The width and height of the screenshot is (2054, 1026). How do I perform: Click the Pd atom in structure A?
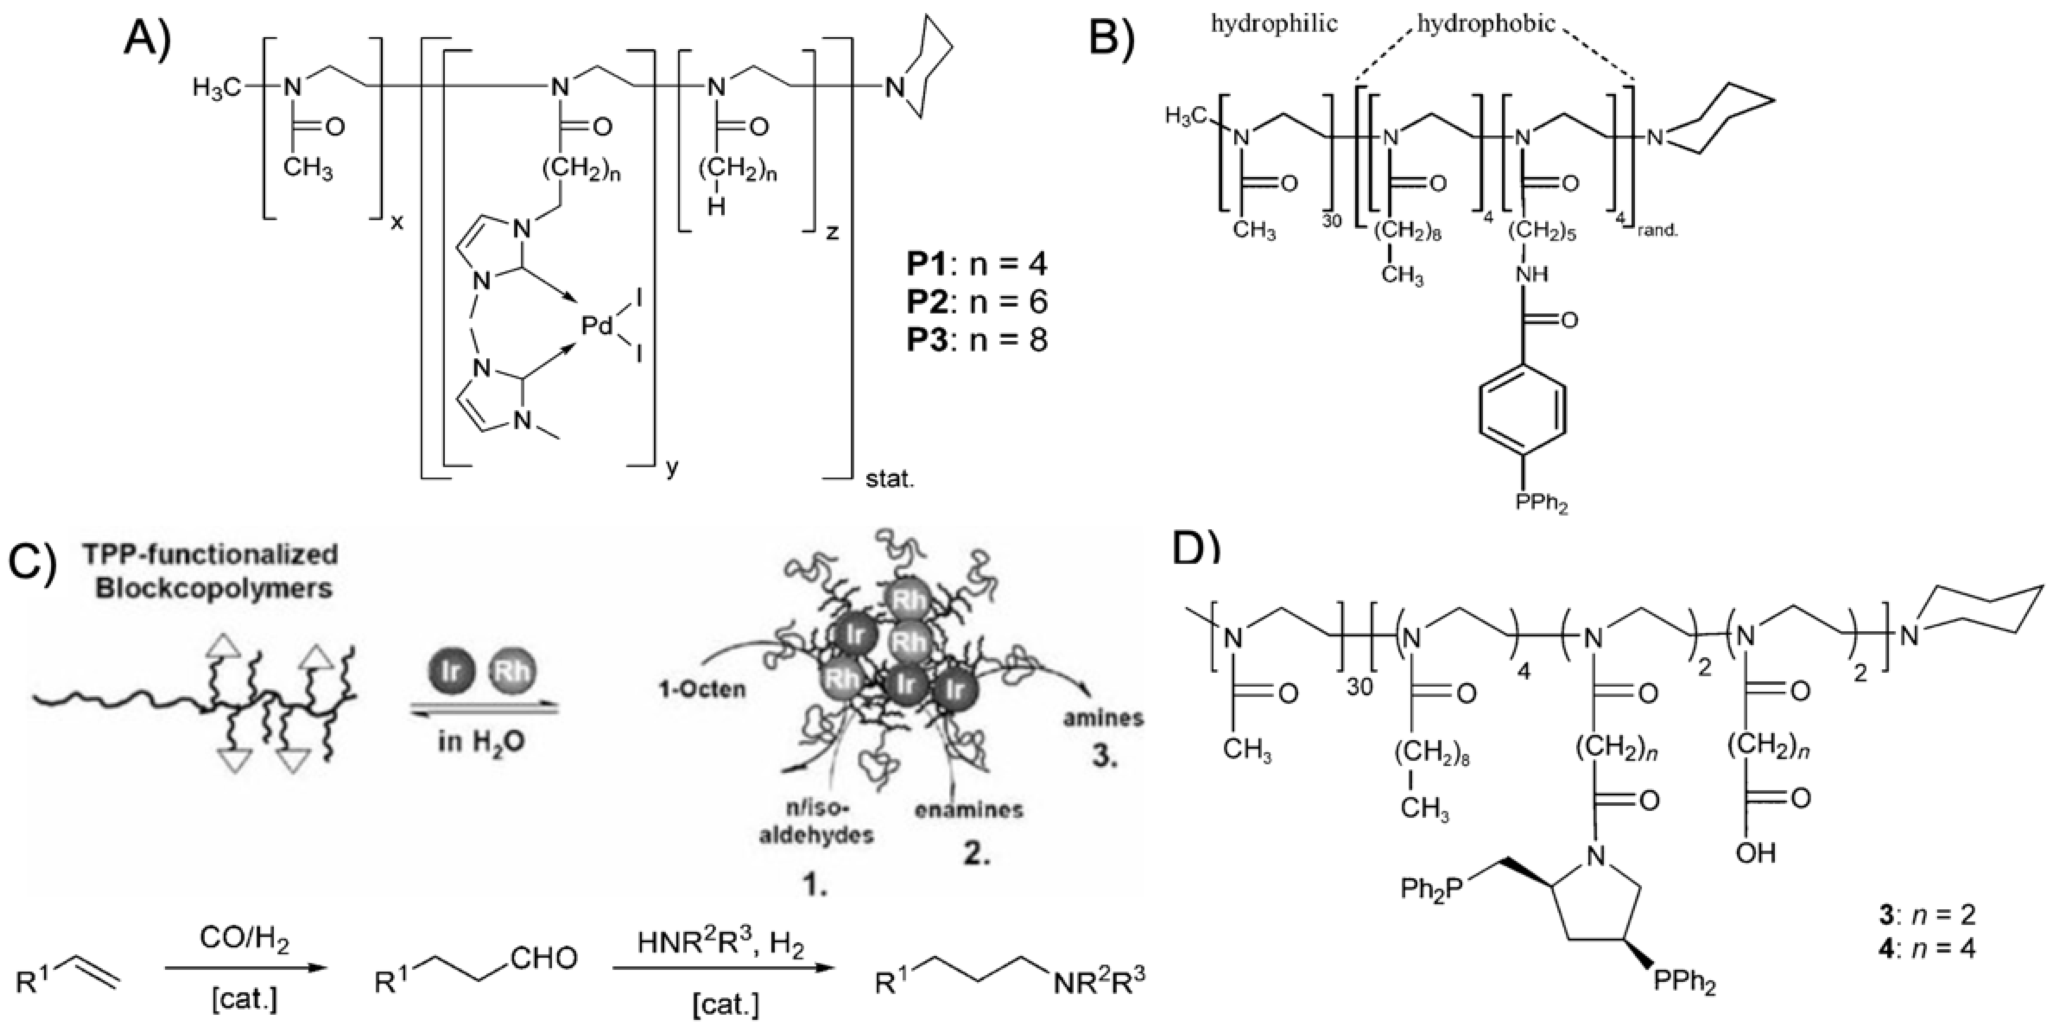pyautogui.click(x=595, y=326)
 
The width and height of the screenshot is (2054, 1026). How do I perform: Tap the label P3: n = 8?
pyautogui.click(x=976, y=340)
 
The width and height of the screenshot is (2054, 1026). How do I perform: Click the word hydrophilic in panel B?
pyautogui.click(x=1274, y=24)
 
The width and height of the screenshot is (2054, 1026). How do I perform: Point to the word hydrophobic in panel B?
pyautogui.click(x=1485, y=24)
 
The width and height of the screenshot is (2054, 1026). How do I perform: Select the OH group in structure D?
pyautogui.click(x=1755, y=854)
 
